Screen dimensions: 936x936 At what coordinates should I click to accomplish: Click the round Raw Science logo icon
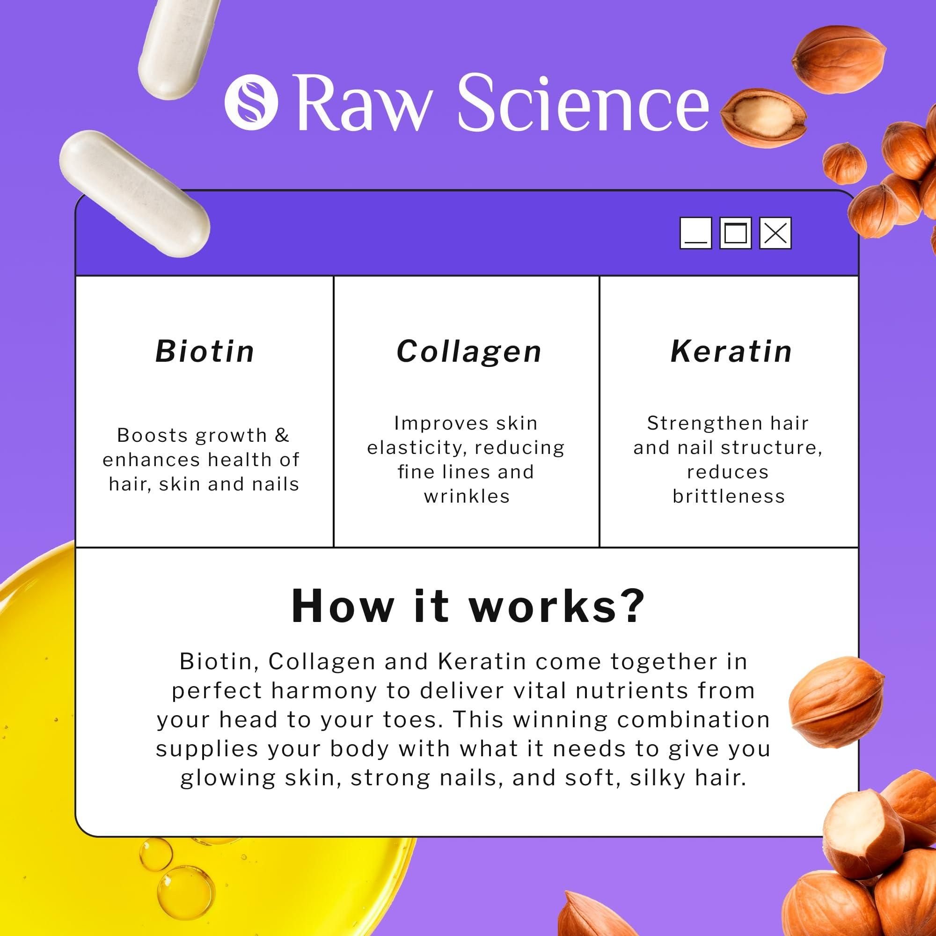tap(251, 102)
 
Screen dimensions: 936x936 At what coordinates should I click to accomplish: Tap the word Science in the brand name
tap(583, 102)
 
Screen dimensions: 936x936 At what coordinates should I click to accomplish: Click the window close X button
tap(775, 233)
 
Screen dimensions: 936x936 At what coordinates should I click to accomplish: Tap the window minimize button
tap(696, 233)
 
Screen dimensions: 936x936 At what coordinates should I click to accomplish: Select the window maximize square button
tap(735, 233)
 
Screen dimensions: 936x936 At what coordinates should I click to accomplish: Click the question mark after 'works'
tap(632, 606)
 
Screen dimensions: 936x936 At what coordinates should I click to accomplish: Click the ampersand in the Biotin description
tap(281, 435)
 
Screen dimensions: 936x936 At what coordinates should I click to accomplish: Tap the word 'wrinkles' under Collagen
tap(467, 496)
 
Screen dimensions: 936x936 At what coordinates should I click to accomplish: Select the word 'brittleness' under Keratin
tap(729, 496)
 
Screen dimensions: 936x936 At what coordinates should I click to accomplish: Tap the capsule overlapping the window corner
tap(135, 193)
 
